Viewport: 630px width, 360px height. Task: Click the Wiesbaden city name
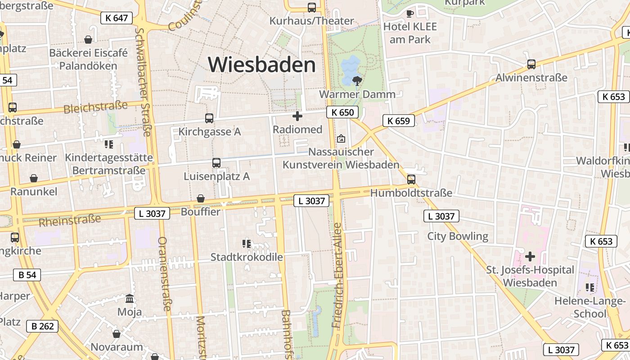tap(262, 65)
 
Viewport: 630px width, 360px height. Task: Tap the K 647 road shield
tap(117, 18)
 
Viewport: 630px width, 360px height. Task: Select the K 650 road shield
tap(342, 112)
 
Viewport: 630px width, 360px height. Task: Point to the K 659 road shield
tap(398, 121)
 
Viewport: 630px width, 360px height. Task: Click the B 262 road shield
tap(43, 326)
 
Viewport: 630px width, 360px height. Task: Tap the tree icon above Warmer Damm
tap(357, 81)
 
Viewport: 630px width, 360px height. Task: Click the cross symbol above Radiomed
tap(297, 117)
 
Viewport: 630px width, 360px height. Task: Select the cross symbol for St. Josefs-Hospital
tap(530, 256)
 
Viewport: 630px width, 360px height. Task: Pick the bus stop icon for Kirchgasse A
tap(209, 118)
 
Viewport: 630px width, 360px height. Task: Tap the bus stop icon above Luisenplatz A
tap(216, 163)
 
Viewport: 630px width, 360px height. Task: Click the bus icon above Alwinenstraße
tap(531, 64)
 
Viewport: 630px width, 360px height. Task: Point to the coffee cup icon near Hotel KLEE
tap(409, 13)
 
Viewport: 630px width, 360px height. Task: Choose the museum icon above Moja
tap(130, 298)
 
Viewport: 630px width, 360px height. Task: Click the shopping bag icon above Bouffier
tap(201, 198)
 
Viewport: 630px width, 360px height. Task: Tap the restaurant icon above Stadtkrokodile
tap(247, 244)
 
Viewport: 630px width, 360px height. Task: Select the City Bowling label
tap(457, 236)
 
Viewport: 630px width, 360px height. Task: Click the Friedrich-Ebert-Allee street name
tap(337, 274)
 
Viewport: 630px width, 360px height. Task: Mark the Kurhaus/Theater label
tap(312, 21)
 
